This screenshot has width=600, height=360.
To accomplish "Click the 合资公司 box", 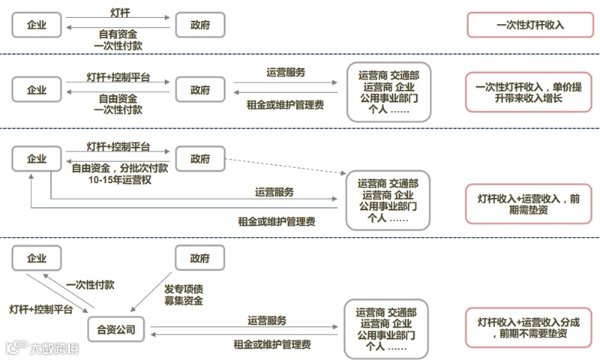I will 117,328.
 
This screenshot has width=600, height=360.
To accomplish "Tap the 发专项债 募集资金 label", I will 184,295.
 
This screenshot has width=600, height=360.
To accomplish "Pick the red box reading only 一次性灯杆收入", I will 530,25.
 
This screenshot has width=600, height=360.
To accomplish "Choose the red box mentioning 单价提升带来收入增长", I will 530,92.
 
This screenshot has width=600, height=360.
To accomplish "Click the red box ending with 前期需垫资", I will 530,205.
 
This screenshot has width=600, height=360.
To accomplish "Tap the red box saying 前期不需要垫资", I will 530,328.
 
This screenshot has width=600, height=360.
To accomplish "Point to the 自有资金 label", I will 118,34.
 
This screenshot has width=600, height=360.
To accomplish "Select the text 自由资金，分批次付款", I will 120,169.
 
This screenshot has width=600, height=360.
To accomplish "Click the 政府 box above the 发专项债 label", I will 199,258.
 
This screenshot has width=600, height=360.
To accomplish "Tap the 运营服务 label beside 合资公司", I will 267,320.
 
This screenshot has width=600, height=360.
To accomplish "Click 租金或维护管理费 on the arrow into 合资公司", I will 268,344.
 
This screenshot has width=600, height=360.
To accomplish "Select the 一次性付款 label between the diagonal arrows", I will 90,285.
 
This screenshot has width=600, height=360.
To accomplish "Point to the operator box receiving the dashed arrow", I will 388,200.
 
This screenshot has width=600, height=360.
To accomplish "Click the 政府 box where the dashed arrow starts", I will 199,159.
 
